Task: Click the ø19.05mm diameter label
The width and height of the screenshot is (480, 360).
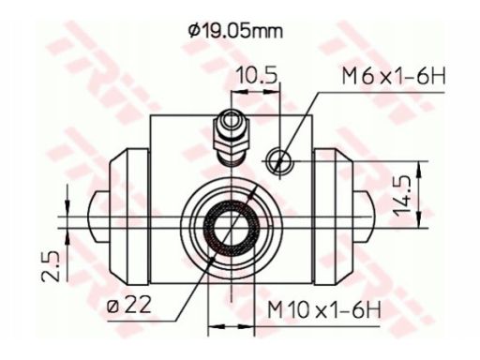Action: (x=235, y=32)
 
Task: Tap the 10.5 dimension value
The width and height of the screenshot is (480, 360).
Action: (x=257, y=77)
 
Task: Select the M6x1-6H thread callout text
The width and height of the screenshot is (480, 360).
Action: (x=394, y=77)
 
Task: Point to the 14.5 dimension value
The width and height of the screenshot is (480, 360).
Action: (x=401, y=195)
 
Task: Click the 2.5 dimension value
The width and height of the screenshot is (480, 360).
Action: (x=51, y=265)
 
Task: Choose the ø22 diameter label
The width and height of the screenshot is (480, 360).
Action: (x=129, y=306)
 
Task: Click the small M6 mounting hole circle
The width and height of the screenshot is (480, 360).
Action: (x=279, y=160)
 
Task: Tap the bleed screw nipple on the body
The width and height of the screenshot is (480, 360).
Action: (x=231, y=137)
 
